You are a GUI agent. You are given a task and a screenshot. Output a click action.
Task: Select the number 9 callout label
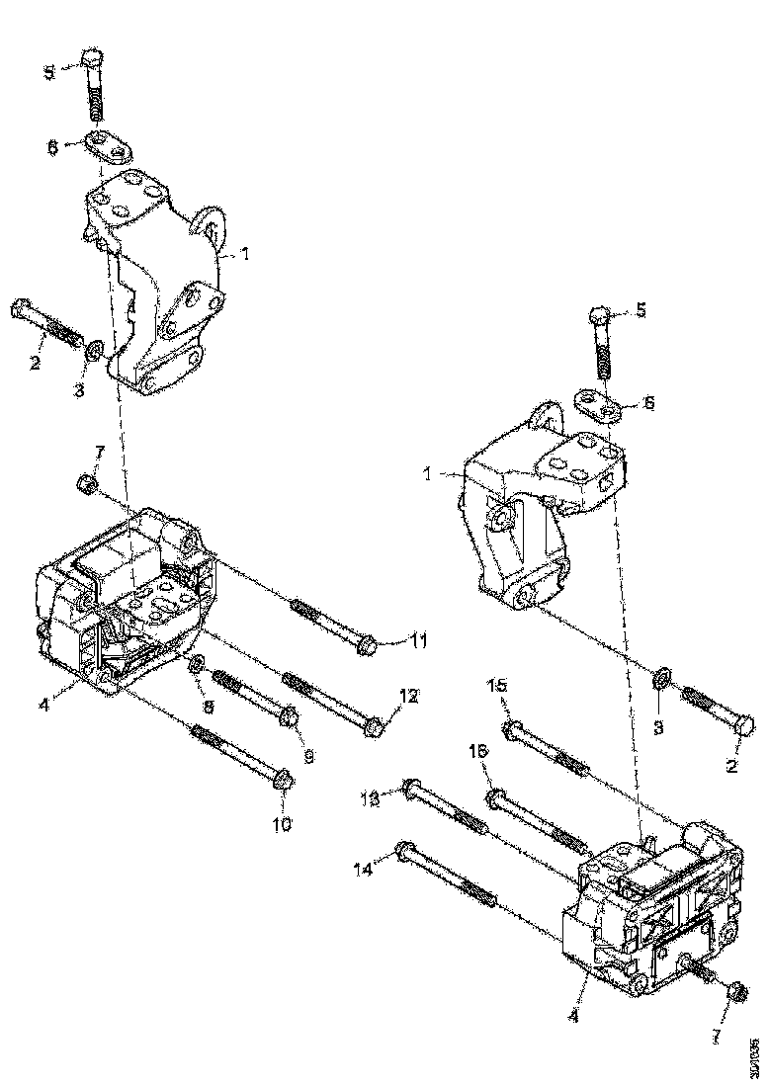click(x=308, y=758)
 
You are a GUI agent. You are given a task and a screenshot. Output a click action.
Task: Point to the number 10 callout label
click(x=283, y=823)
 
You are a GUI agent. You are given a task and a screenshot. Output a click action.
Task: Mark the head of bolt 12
click(x=375, y=728)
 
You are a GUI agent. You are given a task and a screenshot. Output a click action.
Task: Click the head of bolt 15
click(x=511, y=730)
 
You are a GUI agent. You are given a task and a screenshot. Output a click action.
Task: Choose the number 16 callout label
click(x=477, y=753)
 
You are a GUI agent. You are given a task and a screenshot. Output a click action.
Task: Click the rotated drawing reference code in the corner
click(x=755, y=1051)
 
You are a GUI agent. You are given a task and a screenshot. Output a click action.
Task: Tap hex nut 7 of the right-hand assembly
click(x=734, y=990)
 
